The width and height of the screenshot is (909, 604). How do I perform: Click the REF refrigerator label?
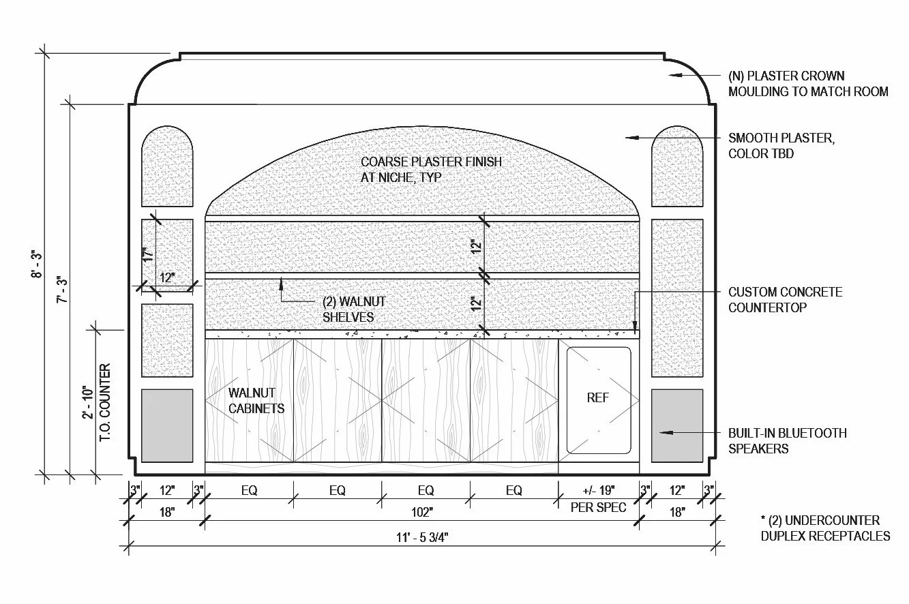click(x=597, y=397)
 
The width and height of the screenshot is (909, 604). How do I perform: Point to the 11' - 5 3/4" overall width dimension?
click(x=421, y=537)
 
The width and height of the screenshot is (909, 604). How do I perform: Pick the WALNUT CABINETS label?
click(x=256, y=400)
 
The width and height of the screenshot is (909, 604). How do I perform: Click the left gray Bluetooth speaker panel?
click(x=167, y=425)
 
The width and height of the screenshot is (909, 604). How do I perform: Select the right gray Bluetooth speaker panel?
click(x=677, y=425)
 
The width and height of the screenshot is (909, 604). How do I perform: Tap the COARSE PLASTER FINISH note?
click(x=432, y=170)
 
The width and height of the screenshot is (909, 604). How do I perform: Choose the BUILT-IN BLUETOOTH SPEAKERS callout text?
click(x=787, y=440)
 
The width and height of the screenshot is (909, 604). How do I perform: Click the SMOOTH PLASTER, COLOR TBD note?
click(x=781, y=146)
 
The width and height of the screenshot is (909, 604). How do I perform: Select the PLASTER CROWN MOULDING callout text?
click(x=808, y=83)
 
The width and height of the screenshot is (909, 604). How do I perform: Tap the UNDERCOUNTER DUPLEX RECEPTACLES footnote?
click(x=825, y=528)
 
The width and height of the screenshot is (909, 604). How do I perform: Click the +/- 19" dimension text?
click(x=598, y=490)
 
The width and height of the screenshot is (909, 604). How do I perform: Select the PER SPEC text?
click(x=598, y=508)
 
